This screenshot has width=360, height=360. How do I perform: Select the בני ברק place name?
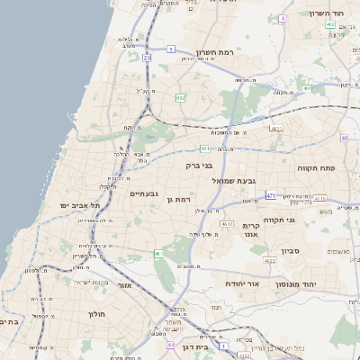coord(200,166)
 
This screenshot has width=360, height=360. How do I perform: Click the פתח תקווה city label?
coord(317,166)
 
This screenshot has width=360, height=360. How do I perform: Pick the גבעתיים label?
coord(145,193)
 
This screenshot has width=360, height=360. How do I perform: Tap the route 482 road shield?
coord(181,97)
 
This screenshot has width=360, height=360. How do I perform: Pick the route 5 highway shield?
coord(170,49)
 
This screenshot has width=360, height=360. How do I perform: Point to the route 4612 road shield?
coord(226,223)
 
